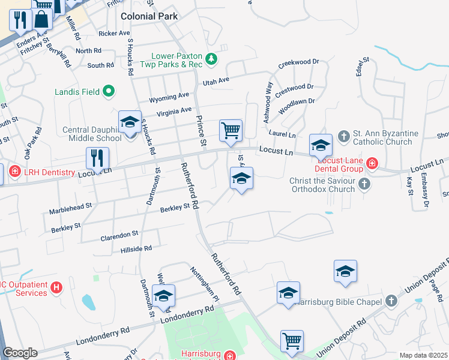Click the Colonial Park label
pyautogui.click(x=149, y=16)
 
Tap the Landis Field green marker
pyautogui.click(x=109, y=92)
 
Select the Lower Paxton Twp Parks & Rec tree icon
pyautogui.click(x=211, y=59)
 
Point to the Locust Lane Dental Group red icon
pyautogui.click(x=372, y=163)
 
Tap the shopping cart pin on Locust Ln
pyautogui.click(x=231, y=130)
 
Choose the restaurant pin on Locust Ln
pyautogui.click(x=97, y=158)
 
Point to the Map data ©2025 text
pyautogui.click(x=423, y=355)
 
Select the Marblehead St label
pyautogui.click(x=71, y=205)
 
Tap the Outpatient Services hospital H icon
pyautogui.click(x=56, y=288)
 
